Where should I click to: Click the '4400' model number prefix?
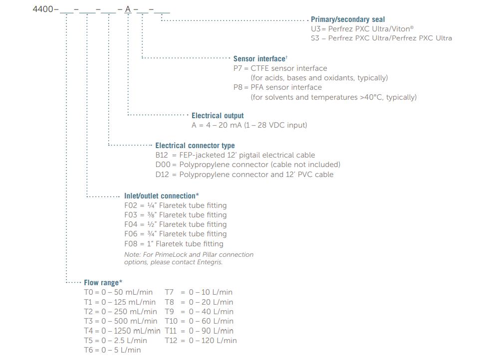tap(43, 9)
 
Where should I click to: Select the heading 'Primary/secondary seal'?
tap(348, 19)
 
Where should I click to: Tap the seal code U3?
tap(315, 29)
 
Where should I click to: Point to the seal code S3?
tap(315, 38)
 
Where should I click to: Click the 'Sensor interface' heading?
tap(259, 59)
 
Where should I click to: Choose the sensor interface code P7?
tap(238, 68)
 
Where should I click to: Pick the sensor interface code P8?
tap(238, 87)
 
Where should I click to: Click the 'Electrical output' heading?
tap(218, 116)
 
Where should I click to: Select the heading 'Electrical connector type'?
tap(195, 146)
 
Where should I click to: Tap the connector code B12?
tap(162, 155)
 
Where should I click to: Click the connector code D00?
tap(163, 165)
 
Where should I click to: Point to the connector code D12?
tap(162, 175)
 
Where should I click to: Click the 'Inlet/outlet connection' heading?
tap(161, 196)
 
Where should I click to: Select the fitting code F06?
tap(131, 234)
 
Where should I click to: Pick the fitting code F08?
tap(131, 244)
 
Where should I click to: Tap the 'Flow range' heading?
tap(103, 283)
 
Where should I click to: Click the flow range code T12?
tap(171, 341)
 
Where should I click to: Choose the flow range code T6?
tap(88, 350)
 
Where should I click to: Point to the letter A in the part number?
tap(128, 9)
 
